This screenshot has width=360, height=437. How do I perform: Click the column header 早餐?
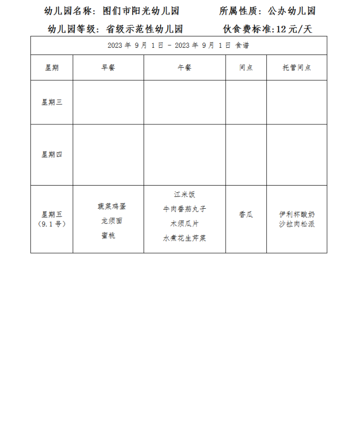(108, 68)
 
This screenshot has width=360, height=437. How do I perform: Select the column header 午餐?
(184, 68)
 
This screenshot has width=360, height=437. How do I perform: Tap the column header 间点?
(246, 68)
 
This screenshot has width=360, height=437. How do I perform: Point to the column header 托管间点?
(297, 68)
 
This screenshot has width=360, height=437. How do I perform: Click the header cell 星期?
(52, 68)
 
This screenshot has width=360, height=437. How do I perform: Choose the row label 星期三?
(52, 102)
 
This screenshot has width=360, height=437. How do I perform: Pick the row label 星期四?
(52, 154)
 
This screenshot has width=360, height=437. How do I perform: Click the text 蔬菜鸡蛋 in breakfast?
(112, 206)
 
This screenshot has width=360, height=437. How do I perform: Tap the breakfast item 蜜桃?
(109, 235)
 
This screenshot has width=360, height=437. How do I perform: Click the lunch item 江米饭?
(185, 195)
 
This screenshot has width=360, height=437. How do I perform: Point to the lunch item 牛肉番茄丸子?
(185, 209)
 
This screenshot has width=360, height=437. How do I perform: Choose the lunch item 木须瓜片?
(185, 224)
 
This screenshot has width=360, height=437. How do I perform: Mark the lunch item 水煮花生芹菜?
(185, 238)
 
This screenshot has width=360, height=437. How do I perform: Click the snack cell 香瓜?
(246, 215)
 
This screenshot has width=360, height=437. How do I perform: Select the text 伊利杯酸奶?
(297, 214)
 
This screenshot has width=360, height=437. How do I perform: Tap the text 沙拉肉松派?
(297, 224)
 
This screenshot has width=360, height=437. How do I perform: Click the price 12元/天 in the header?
(294, 29)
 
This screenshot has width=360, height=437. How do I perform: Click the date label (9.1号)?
(52, 224)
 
